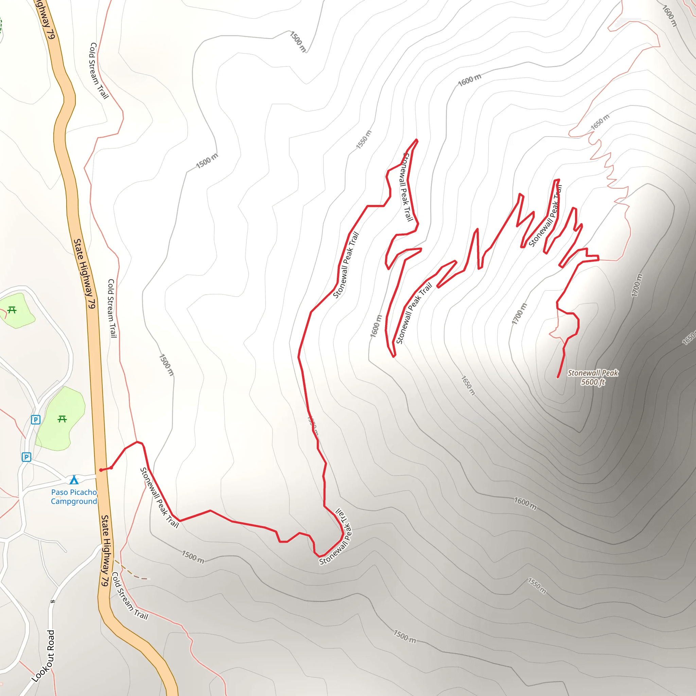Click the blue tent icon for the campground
(74, 480)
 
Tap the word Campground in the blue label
(74, 502)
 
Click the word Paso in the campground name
(59, 492)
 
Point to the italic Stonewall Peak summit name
(593, 373)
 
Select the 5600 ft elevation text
(593, 382)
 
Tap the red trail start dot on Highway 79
(101, 470)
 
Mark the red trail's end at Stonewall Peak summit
(558, 377)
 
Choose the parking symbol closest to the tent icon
(26, 457)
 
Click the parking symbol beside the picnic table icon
(35, 420)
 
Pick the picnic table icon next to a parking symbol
(62, 419)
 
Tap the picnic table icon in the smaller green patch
(12, 310)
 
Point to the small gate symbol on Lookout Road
(53, 601)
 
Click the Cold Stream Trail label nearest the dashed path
(130, 596)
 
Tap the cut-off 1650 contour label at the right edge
(689, 338)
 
